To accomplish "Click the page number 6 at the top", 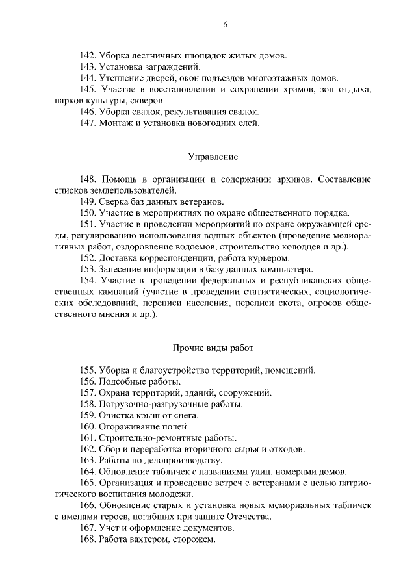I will click(x=226, y=25).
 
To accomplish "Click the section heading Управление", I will click(x=213, y=157).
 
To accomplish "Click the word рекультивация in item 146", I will click(x=195, y=112).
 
